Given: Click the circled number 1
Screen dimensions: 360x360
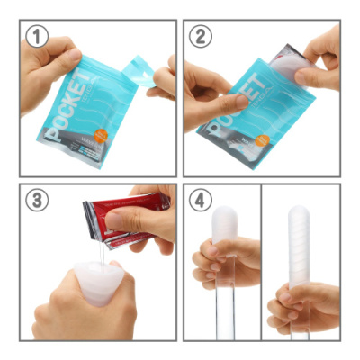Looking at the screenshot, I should click(38, 38).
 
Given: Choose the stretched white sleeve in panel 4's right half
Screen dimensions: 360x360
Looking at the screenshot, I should click(300, 247).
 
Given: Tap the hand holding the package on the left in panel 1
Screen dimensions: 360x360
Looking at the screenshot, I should click(45, 76).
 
